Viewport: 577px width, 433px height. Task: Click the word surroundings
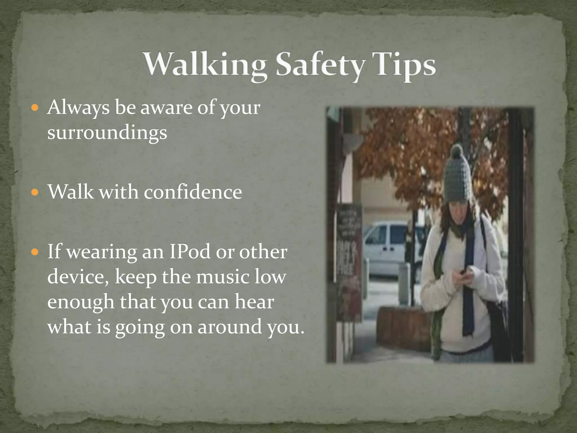point(107,132)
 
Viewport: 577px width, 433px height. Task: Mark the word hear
point(254,302)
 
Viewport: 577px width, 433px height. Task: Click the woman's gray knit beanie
point(458,178)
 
